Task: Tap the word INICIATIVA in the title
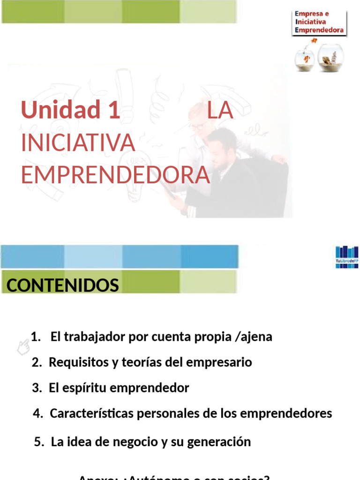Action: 78,143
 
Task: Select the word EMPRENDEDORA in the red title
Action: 115,175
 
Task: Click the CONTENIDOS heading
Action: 62,285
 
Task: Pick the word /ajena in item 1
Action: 255,337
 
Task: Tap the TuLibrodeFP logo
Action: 347,257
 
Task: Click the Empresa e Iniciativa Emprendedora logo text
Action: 319,22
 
